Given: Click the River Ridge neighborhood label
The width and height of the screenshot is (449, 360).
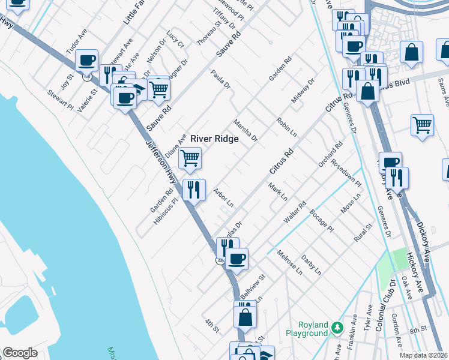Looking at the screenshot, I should (214, 139).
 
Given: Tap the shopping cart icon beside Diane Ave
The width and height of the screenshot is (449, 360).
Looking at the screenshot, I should (190, 159).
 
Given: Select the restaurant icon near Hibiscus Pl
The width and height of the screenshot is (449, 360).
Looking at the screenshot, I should (193, 190).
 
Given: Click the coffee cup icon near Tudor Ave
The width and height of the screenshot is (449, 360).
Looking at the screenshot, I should (87, 60).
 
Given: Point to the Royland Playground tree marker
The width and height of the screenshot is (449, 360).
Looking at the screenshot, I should (337, 328).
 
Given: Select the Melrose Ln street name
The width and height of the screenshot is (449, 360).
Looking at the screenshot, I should (291, 263).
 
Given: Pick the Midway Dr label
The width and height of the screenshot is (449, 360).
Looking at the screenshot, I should (303, 91).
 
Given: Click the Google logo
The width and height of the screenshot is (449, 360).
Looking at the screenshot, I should (20, 353).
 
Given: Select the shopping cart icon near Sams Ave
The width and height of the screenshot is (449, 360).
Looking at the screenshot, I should (422, 125).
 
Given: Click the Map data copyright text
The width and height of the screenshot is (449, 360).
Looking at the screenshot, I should (424, 355).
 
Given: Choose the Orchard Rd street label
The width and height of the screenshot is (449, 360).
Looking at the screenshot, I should (330, 154).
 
